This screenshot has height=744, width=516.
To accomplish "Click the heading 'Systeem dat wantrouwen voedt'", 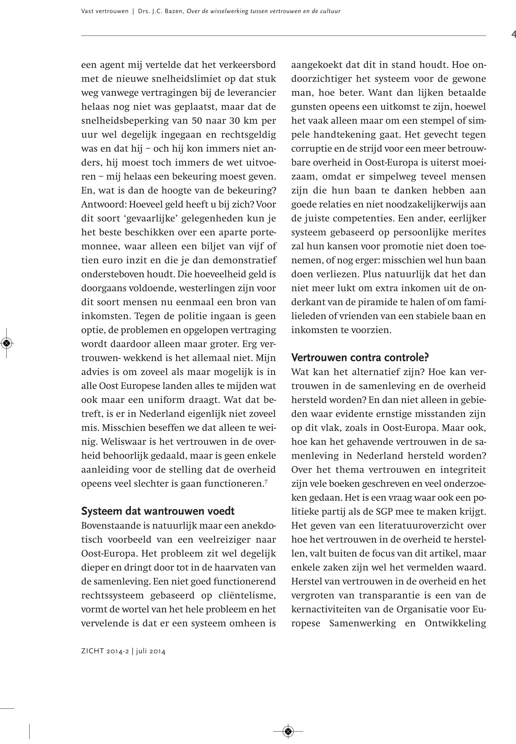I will click(157, 511).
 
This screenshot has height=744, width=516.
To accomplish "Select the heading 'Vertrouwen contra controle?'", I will click(360, 358).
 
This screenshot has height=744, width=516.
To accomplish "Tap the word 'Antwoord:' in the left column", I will click(101, 205).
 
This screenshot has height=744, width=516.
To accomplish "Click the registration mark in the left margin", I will click(7, 343).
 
